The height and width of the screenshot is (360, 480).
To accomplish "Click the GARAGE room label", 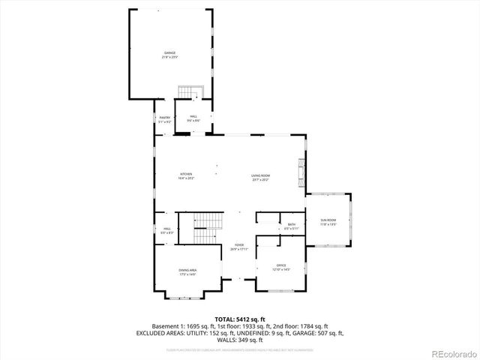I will pos(170,55).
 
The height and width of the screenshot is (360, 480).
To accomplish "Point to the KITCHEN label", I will pos(186,177).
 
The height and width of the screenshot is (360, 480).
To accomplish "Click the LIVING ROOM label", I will pos(260,177).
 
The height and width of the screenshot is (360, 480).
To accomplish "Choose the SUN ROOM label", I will pos(328,221).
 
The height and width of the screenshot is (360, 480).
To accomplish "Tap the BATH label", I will pos(292,226).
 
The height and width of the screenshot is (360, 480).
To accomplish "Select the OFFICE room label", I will pos(281,267).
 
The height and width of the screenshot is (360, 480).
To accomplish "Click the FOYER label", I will pos(239,247).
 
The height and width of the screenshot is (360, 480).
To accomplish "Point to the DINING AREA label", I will pos(187,272).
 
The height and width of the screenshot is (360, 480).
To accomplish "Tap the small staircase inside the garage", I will pos(190,92).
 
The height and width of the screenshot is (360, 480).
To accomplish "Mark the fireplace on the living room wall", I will pos(301,172).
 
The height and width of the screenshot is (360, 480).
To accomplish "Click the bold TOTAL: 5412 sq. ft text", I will pos(239,319).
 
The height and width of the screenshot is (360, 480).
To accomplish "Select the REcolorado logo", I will pos(451,354).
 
